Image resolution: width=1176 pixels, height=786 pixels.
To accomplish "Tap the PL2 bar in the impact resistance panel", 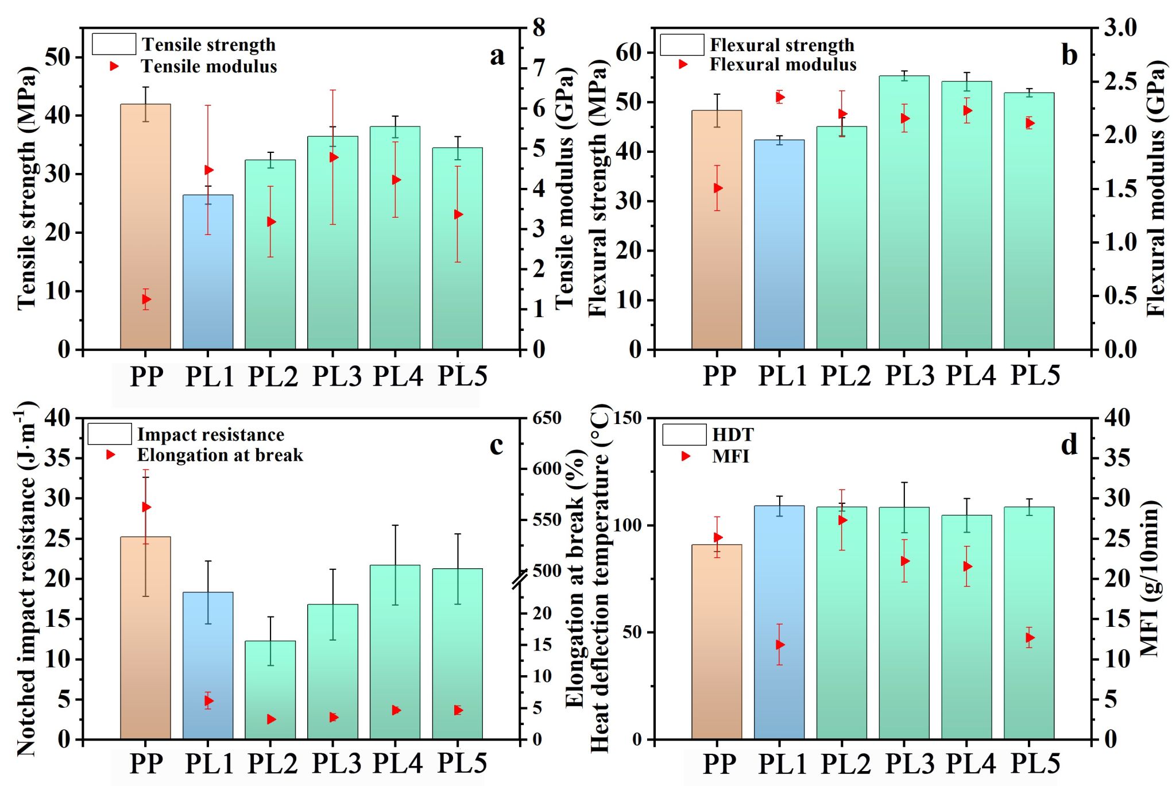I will coord(270,689).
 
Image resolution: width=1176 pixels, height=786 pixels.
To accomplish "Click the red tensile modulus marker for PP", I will coord(146,299).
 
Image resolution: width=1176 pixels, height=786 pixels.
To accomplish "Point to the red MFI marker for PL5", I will coord(1030,638).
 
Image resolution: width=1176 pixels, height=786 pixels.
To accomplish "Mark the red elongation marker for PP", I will coord(146,507).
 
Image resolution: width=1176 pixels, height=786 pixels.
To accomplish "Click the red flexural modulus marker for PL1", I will coord(780,97).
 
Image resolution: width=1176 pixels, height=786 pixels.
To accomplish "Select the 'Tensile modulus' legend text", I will coord(209,67).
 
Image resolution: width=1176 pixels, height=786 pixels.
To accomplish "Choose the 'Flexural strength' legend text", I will coord(782,45).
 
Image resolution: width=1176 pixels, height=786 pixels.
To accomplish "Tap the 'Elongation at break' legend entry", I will coord(220,455).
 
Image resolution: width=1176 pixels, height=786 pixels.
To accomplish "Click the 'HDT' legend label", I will coord(733,435).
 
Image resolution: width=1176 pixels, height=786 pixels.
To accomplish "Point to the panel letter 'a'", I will coord(497,56).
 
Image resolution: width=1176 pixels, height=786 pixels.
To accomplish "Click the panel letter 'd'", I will coord(1069,445).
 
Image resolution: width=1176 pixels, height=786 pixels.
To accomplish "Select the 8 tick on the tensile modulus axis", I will coord(539,28).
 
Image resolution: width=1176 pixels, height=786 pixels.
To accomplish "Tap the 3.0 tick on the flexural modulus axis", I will coord(1120,28).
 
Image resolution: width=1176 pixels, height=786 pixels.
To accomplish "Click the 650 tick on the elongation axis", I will coord(547,418).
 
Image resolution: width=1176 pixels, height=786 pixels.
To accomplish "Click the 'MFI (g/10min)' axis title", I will coord(1150,578).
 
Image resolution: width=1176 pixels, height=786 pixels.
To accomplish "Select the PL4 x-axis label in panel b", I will coord(970,376).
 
